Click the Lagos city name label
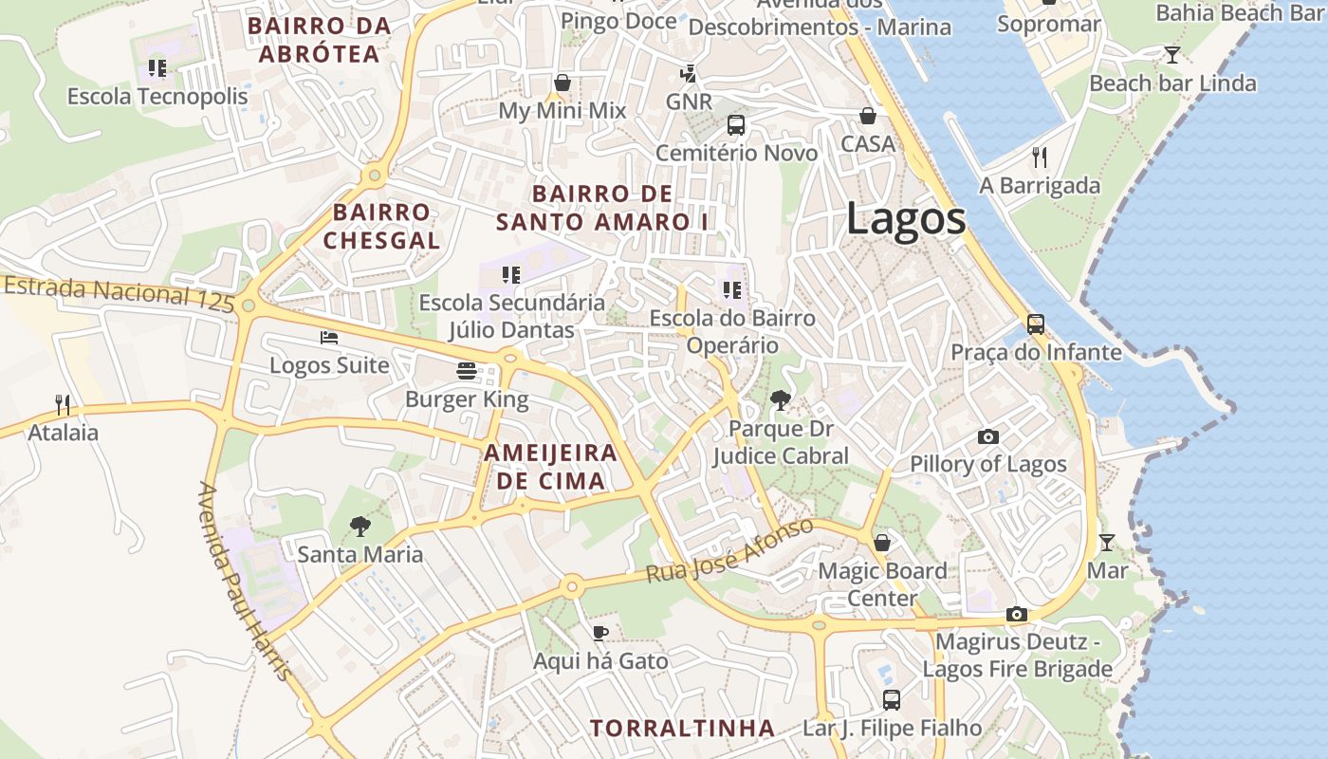click(906, 219)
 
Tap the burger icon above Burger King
click(466, 370)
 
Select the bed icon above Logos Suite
click(329, 337)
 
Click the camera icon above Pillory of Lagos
click(988, 436)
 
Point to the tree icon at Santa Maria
click(360, 525)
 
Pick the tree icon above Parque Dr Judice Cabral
click(781, 400)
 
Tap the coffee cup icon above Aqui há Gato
click(599, 632)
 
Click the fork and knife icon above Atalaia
click(63, 405)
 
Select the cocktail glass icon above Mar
click(1106, 543)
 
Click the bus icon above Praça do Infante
click(1036, 324)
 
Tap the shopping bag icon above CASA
click(867, 116)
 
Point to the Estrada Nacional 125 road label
click(118, 295)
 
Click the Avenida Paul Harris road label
click(244, 582)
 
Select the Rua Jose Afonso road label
click(729, 551)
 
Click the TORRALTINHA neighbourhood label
click(683, 729)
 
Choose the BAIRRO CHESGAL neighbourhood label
click(381, 226)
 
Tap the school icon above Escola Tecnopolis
click(157, 68)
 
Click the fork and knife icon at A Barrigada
click(1040, 157)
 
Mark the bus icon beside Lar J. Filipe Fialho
click(892, 700)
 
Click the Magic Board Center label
click(882, 584)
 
